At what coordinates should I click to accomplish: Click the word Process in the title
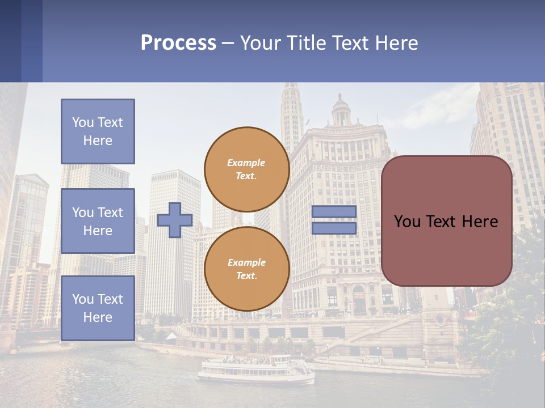(x=178, y=43)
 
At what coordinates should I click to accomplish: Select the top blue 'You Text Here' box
(x=98, y=131)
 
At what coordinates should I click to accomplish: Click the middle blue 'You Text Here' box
(x=98, y=221)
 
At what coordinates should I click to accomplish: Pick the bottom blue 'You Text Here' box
(x=98, y=308)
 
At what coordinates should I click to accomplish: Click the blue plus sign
(x=175, y=220)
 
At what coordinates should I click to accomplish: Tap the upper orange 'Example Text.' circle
(x=247, y=169)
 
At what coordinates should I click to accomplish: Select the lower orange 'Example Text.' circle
(x=247, y=269)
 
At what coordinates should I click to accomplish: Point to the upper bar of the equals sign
(x=334, y=211)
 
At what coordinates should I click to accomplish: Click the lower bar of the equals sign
(x=334, y=228)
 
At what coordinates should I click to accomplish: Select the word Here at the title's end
(x=395, y=43)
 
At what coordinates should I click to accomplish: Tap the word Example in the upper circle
(x=246, y=163)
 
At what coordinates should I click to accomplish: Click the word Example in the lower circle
(x=246, y=262)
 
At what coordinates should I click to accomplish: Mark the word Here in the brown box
(x=480, y=222)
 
